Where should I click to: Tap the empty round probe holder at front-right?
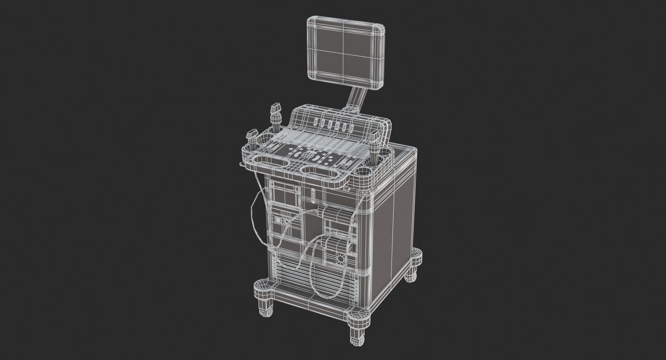coord(363,172)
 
